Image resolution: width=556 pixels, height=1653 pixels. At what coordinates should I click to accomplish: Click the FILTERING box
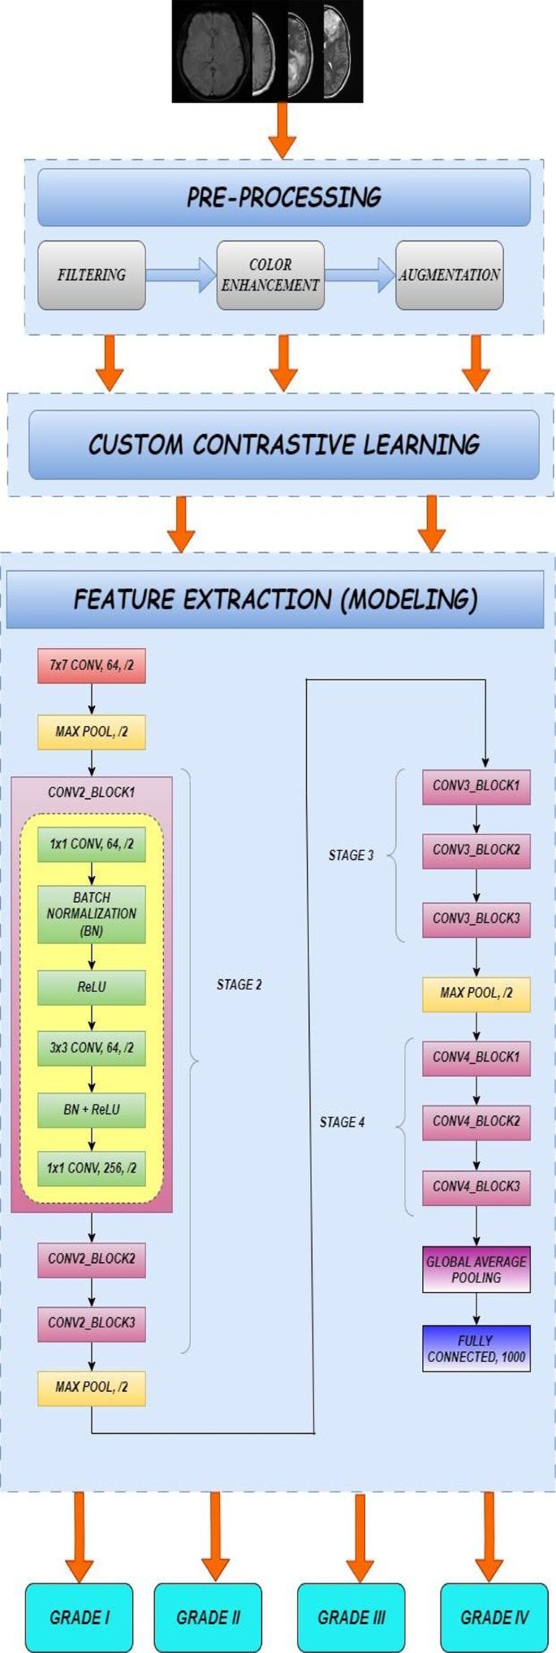(x=92, y=275)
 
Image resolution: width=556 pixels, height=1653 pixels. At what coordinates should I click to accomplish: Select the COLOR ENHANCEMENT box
(x=270, y=275)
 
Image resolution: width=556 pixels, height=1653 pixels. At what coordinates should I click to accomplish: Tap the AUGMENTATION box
(x=449, y=275)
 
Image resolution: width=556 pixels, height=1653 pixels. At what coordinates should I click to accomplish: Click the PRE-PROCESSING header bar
(x=284, y=197)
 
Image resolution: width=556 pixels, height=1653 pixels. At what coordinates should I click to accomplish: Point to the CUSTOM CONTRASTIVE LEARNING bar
(x=284, y=444)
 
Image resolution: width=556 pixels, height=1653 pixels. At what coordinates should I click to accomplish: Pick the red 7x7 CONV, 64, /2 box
(x=92, y=666)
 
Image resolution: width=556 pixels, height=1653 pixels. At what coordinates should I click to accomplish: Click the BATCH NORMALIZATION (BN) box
(x=92, y=914)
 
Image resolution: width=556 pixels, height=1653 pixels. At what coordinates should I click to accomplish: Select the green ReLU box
(x=92, y=988)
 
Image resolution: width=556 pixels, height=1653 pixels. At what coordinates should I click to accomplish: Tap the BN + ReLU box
(x=92, y=1110)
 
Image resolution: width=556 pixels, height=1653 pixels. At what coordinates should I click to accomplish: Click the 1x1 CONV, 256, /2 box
(x=92, y=1169)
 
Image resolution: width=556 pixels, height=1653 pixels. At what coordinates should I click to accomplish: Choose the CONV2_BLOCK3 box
(x=92, y=1323)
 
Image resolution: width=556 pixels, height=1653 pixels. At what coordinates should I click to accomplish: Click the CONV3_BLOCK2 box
(x=476, y=851)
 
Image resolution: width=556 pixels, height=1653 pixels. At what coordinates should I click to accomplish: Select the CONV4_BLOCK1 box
(x=476, y=1058)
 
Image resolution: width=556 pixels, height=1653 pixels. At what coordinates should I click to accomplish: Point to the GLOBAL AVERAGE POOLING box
(x=476, y=1269)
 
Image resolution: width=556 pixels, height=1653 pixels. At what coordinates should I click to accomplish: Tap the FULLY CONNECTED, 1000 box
(x=476, y=1348)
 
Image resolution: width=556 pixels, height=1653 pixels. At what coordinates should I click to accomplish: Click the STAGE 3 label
(x=351, y=856)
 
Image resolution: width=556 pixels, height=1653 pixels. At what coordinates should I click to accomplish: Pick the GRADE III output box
(x=351, y=1617)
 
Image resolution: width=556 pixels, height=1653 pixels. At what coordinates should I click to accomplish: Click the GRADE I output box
(x=80, y=1617)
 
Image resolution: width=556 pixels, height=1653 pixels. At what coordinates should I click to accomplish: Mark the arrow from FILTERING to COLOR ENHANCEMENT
(x=181, y=275)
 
